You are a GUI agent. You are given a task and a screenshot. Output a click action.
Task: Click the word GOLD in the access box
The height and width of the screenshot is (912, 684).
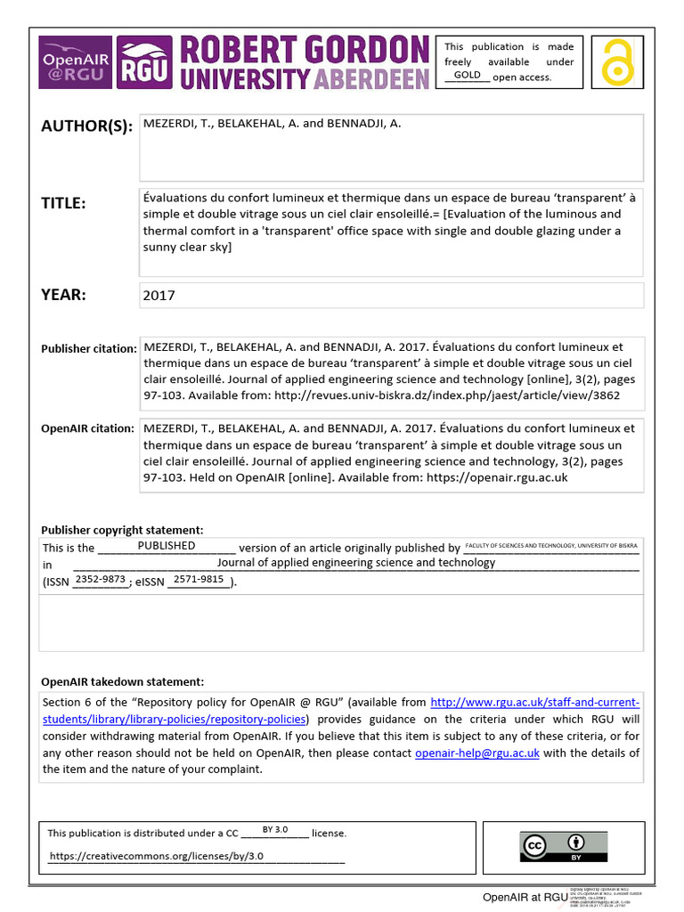point(467,75)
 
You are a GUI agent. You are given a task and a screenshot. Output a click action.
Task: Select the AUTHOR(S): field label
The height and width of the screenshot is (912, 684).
point(86,126)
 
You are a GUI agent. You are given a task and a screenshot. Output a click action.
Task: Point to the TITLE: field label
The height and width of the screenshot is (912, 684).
point(63,204)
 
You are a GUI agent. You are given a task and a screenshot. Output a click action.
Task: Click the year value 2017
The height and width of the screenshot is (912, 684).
point(159,296)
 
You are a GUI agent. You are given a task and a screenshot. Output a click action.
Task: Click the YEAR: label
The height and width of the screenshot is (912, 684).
point(63,295)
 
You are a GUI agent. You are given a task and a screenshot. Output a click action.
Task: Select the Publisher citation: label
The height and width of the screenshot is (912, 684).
point(88,349)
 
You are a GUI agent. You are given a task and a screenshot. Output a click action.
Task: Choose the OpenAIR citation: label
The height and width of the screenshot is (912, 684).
point(87,428)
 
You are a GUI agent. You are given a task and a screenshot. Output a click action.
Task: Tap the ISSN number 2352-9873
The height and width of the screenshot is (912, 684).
point(101,580)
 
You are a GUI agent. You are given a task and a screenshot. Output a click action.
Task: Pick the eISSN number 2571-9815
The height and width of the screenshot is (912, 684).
point(199,580)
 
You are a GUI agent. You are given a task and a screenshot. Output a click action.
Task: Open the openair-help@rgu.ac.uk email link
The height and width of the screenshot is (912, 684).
point(477,753)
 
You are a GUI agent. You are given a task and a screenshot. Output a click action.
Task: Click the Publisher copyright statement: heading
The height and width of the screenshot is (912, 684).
point(122,530)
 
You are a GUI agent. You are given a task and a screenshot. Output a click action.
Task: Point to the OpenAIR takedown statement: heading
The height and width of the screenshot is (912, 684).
point(123,681)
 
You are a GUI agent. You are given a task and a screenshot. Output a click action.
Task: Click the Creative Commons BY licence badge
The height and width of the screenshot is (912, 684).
point(563,847)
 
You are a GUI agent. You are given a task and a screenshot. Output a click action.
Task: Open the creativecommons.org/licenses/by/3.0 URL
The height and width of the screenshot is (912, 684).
point(157,856)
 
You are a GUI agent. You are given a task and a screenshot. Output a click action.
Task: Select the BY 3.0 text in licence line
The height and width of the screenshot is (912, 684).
point(274,829)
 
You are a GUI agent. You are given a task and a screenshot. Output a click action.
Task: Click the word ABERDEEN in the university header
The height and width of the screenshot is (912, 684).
point(371,78)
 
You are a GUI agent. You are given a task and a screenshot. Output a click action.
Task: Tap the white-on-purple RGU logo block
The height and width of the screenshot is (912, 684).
point(145,63)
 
